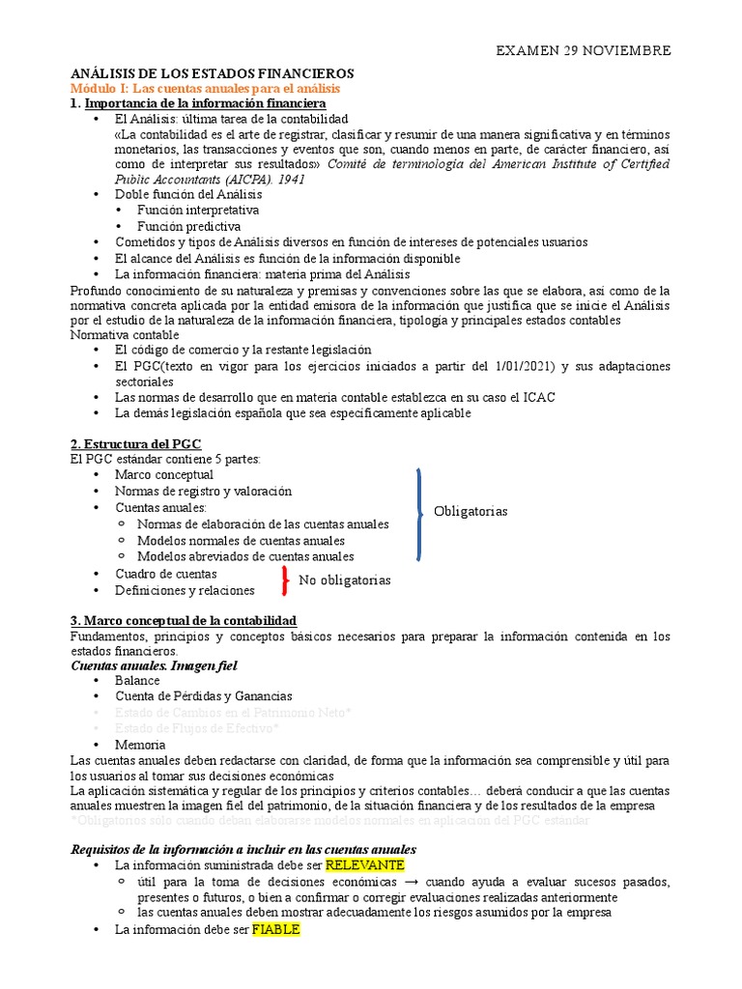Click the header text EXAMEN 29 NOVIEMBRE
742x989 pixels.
tap(583, 50)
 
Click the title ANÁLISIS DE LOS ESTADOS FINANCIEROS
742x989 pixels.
tap(213, 73)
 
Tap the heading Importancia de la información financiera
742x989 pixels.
tap(205, 102)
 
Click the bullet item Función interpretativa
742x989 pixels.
tap(197, 210)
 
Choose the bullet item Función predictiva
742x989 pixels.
tap(188, 226)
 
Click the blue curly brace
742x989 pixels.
tap(419, 514)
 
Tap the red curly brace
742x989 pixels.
tap(284, 580)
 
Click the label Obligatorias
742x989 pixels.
tap(471, 511)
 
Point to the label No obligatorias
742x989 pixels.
tap(344, 580)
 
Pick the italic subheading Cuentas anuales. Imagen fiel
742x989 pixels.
tap(154, 665)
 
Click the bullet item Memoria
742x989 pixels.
tap(140, 745)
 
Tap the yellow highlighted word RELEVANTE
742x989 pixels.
tap(364, 864)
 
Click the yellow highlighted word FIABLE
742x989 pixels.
tap(276, 930)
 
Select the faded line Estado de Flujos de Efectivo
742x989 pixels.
tap(197, 728)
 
